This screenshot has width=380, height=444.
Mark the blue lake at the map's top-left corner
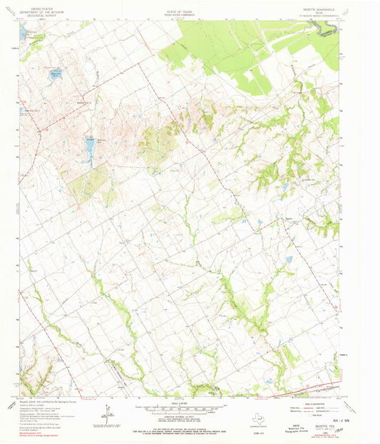tap(24, 32)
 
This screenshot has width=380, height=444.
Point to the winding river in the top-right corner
tap(327, 29)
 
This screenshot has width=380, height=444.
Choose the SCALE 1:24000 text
tap(190, 403)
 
